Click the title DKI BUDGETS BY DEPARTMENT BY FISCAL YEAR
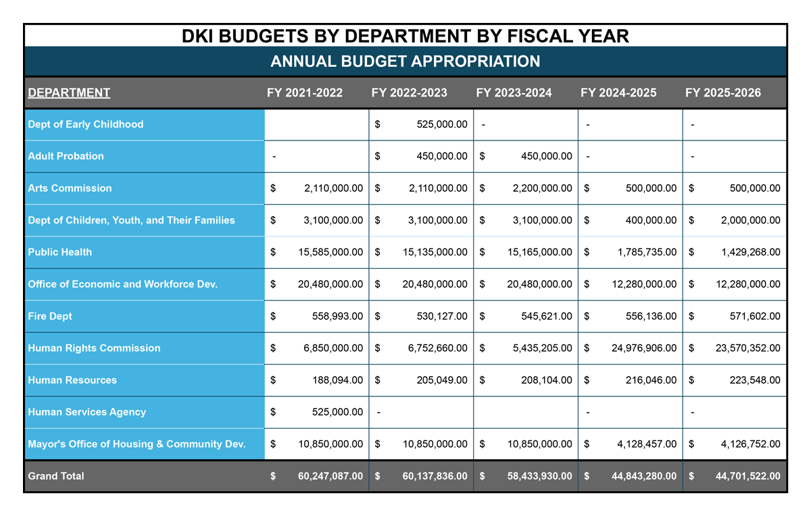point(405,36)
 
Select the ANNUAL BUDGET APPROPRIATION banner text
point(405,61)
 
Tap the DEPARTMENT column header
point(69,93)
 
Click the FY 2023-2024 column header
point(514,93)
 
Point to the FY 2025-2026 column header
point(722,93)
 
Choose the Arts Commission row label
point(70,188)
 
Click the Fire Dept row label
point(50,316)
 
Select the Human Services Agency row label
point(87,412)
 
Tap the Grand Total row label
point(56,476)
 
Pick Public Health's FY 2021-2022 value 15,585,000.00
point(330,252)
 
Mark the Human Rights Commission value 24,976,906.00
point(643,349)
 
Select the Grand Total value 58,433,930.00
point(539,476)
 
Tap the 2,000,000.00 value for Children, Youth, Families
point(748,220)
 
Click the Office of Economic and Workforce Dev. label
point(122,284)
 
